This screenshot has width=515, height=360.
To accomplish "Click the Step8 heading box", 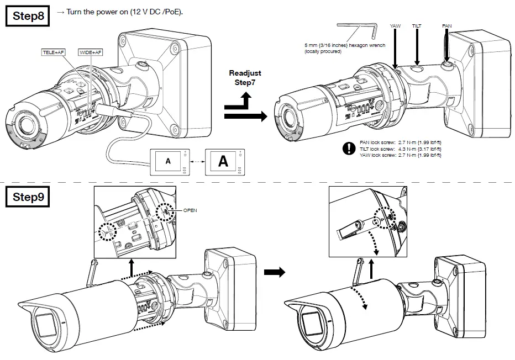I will point(30,16).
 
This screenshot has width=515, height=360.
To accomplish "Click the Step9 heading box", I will point(30,197).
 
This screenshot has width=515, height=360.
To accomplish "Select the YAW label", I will point(395,26).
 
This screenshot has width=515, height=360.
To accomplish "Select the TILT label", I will point(417,26).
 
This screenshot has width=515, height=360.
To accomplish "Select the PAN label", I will point(447,26).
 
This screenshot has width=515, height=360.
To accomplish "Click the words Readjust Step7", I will point(245,77).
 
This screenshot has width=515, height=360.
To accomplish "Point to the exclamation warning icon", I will point(349,148).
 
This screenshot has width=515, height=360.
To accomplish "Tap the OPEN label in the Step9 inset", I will point(190,210).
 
